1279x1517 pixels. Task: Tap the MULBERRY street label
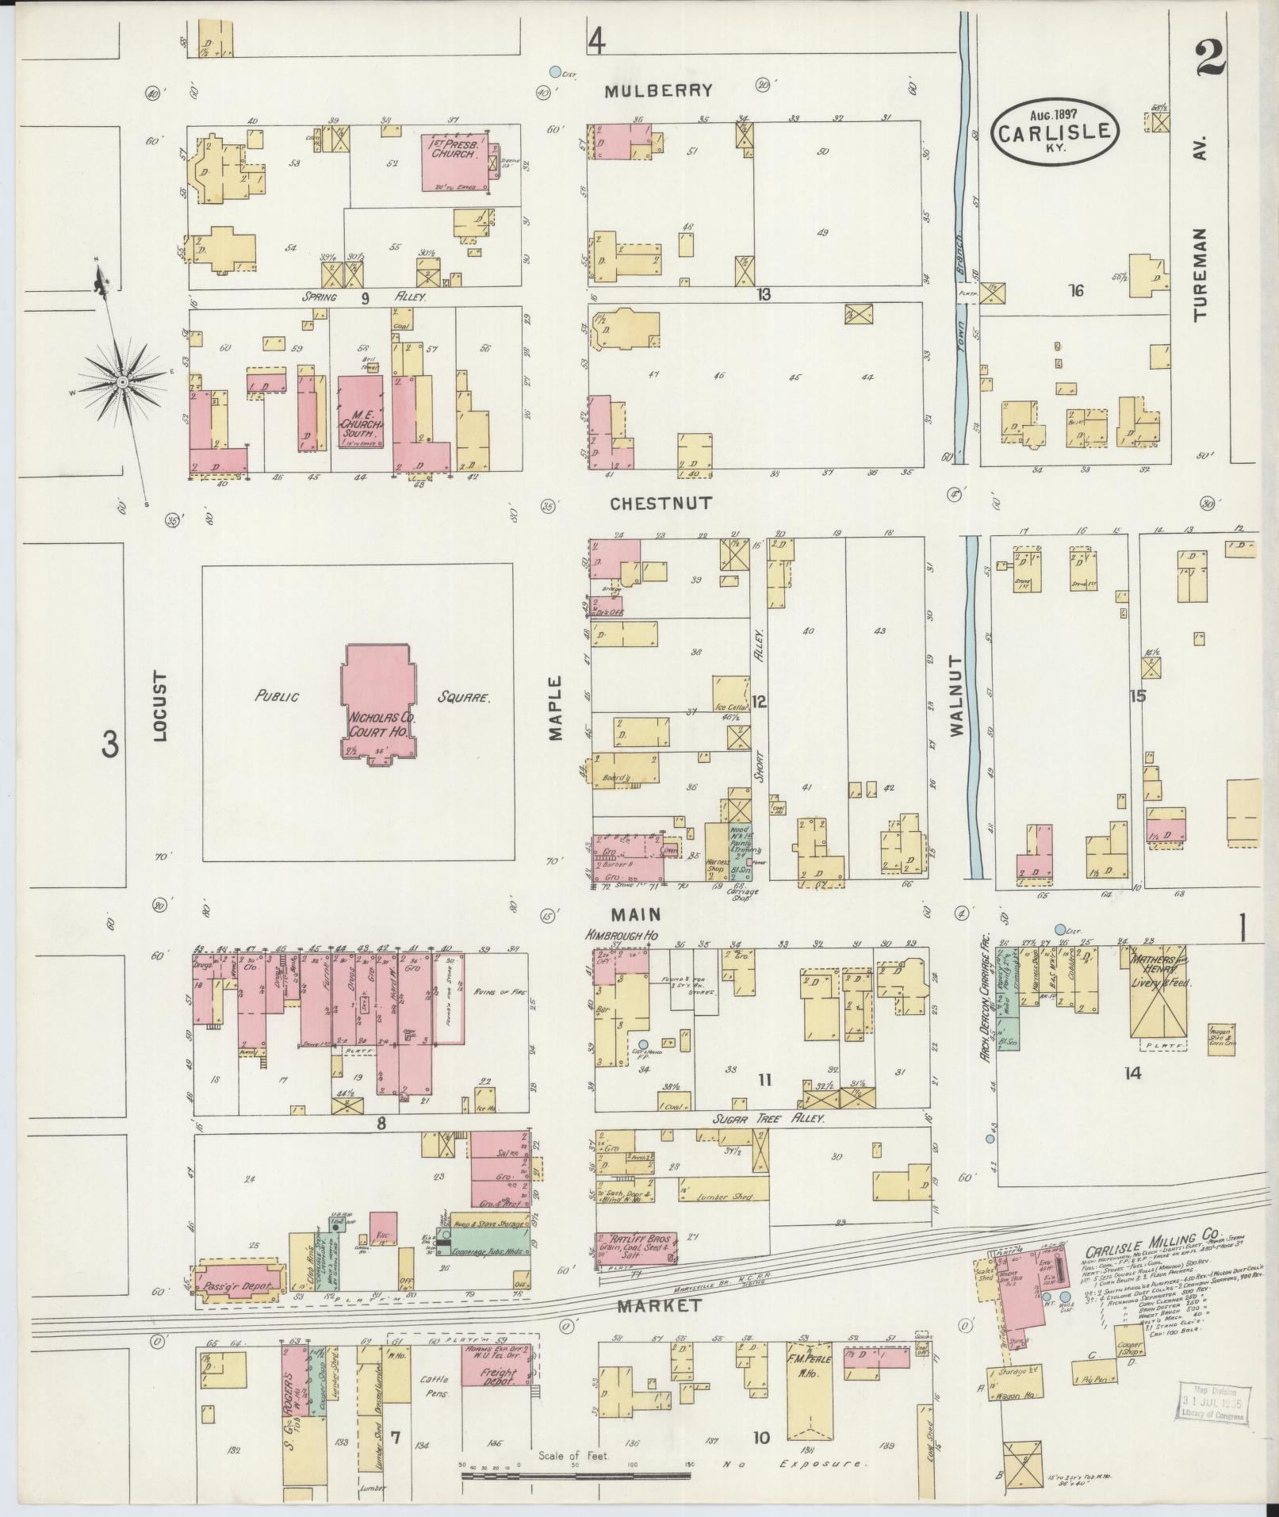pos(658,90)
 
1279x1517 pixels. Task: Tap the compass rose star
pos(122,382)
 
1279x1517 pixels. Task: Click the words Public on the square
pos(276,696)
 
